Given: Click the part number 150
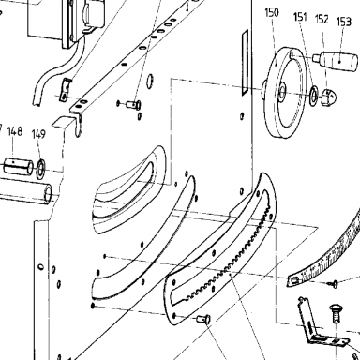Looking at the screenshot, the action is (272, 13).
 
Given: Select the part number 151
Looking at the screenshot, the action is (300, 17).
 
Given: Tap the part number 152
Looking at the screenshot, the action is (322, 19).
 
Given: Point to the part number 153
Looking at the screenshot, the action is (344, 22).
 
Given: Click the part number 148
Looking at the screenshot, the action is (15, 131).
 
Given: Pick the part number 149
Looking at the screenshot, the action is (38, 134).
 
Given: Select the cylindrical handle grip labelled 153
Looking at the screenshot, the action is (336, 60).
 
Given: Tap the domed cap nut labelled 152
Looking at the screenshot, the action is (328, 97).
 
